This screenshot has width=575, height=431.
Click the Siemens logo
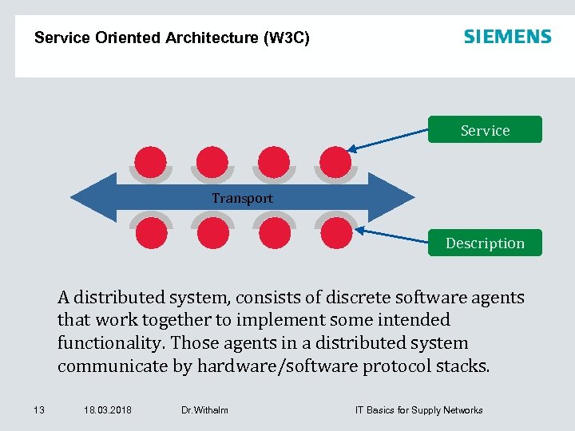(x=507, y=37)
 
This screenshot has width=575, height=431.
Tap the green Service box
(x=485, y=130)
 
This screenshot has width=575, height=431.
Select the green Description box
(x=485, y=243)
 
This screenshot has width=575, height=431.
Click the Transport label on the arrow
(x=242, y=198)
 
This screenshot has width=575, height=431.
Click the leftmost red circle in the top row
(x=151, y=162)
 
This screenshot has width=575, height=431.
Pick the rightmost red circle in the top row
(x=335, y=162)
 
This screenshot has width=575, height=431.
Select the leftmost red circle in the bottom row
(x=151, y=233)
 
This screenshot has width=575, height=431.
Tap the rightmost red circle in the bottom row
(x=335, y=233)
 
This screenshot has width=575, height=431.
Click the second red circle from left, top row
(x=212, y=162)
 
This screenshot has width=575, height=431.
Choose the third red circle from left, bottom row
(x=274, y=233)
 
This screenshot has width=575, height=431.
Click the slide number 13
(x=38, y=410)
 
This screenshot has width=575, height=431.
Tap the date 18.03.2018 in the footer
(x=107, y=410)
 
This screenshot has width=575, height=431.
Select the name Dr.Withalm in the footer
(x=204, y=410)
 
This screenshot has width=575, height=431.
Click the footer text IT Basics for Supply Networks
(x=418, y=410)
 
